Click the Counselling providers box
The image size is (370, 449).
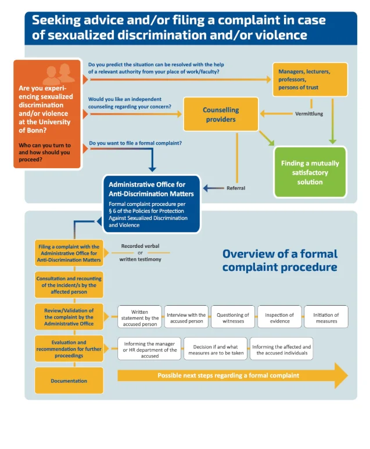221,114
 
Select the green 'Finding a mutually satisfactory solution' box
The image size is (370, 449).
310,172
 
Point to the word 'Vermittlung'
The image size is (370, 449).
309,114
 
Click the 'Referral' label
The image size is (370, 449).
236,188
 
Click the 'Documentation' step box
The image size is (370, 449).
69,381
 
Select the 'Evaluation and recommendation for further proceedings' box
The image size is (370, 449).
69,349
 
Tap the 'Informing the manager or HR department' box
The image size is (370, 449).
149,349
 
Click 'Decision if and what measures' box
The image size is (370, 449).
215,349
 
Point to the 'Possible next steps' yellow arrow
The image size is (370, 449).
232,375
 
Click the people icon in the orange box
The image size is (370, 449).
58,73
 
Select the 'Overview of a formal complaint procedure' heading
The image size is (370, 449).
279,260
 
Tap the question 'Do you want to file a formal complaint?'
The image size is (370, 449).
135,143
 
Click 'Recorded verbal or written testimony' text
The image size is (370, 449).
141,252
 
